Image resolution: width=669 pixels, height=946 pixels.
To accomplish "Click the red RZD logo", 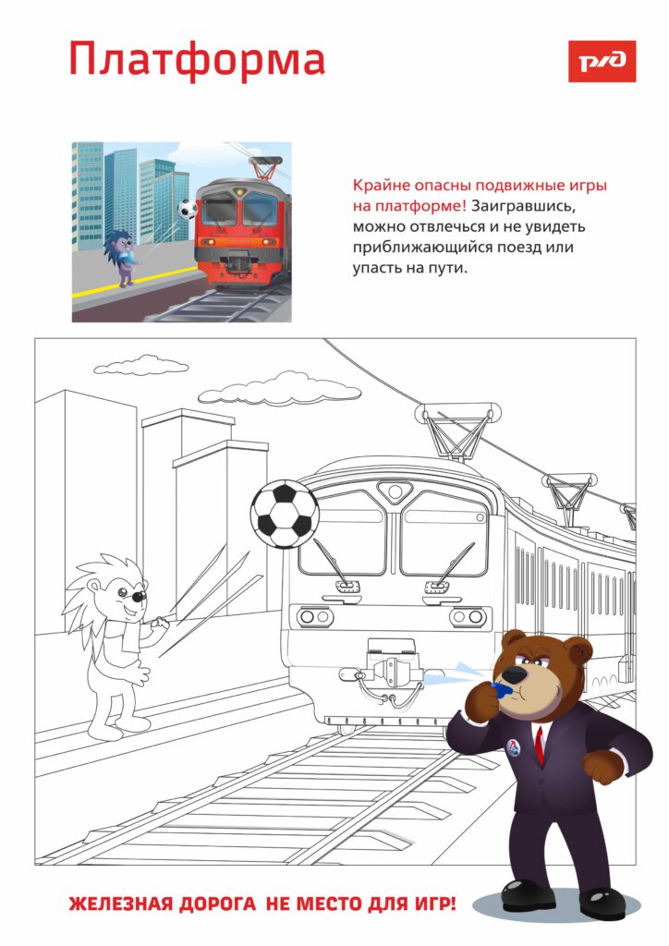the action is click(x=602, y=61).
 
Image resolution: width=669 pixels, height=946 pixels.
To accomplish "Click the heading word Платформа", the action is click(x=197, y=60).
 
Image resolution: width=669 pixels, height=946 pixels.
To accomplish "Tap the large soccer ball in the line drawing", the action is click(x=285, y=514).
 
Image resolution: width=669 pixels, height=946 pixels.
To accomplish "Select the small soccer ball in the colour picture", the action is click(x=188, y=210).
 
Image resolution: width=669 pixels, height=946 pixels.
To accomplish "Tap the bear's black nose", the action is click(x=515, y=673).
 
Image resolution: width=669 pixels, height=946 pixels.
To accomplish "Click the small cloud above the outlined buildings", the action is click(x=140, y=365).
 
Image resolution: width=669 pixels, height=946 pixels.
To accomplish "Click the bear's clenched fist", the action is click(x=603, y=767).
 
